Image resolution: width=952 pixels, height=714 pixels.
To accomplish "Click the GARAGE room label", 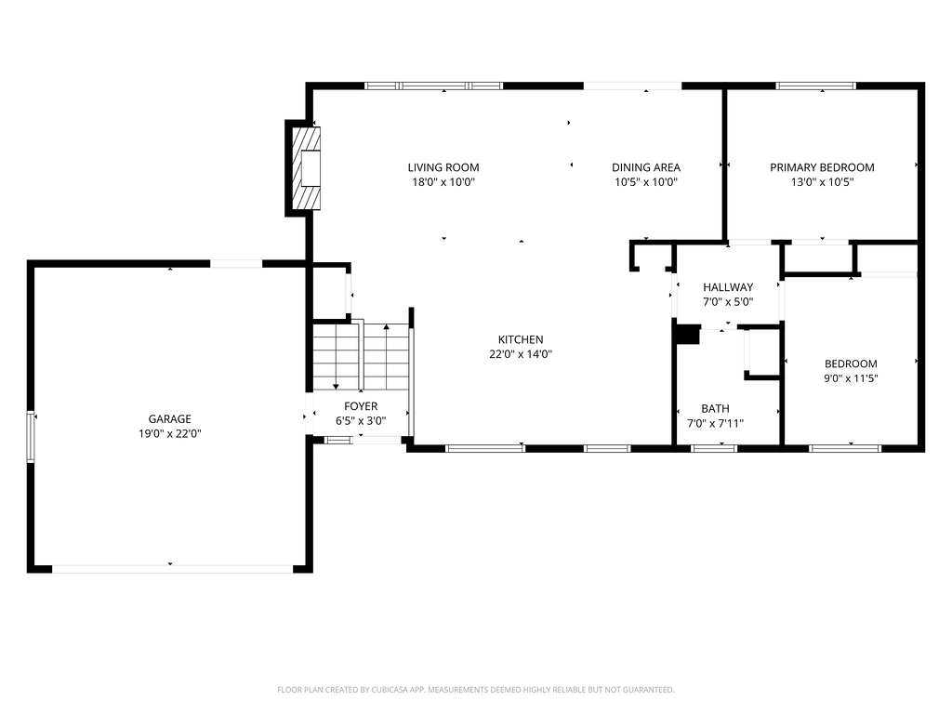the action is point(170,419).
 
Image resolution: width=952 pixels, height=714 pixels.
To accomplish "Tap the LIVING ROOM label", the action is point(443,167).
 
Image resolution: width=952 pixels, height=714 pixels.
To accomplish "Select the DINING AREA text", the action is point(646,167).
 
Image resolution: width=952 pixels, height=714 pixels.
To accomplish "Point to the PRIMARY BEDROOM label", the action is point(822,167).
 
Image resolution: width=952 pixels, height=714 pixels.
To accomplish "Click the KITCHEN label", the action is point(521,340).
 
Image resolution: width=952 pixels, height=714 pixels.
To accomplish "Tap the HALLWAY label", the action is point(728,287).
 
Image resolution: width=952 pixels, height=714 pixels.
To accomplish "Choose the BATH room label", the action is point(715,409).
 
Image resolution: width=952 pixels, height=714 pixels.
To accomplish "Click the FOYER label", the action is point(361,406).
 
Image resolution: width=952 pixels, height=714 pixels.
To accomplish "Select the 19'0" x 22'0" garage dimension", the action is point(170,433).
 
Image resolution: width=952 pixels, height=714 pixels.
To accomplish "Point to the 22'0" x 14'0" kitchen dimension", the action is point(521,354).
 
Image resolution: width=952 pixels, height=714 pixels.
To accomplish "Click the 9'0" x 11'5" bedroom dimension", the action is point(851,379).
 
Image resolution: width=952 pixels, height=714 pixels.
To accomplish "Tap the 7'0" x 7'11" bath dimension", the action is point(715,423).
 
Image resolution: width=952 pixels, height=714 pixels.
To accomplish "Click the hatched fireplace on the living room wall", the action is point(307,168).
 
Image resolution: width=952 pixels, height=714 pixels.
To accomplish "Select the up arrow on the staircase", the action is point(386,357).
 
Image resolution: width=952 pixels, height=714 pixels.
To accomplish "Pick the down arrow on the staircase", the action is point(335,357).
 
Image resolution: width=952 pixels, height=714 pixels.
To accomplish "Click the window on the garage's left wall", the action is point(31,437).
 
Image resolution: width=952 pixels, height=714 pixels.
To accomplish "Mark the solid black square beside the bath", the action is point(688,335).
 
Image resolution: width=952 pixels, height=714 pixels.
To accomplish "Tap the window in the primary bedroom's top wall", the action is point(816,86).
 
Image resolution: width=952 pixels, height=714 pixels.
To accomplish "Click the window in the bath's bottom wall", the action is point(714,449).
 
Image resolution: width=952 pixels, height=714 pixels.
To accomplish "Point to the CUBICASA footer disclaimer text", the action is point(475,690).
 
